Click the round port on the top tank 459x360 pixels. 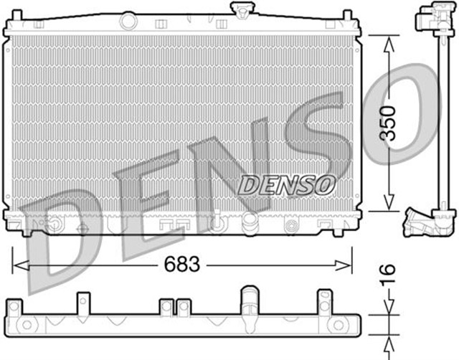pos(128,22)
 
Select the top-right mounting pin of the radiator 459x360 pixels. pos(347,16)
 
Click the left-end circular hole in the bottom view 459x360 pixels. pos(29,325)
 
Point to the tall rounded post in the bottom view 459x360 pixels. pos(249,301)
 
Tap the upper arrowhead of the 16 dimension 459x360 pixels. pos(388,311)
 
